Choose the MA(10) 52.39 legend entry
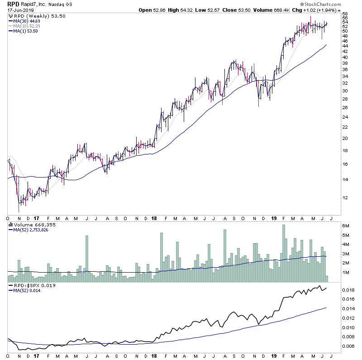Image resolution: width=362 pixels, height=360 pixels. pyautogui.click(x=27, y=25)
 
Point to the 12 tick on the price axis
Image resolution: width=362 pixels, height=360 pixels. pyautogui.click(x=345, y=197)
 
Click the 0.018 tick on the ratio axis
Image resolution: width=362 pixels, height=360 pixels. pyautogui.click(x=348, y=290)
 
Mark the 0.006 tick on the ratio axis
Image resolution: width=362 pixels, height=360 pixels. pyautogui.click(x=348, y=346)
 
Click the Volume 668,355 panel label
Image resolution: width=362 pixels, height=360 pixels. pyautogui.click(x=32, y=224)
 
